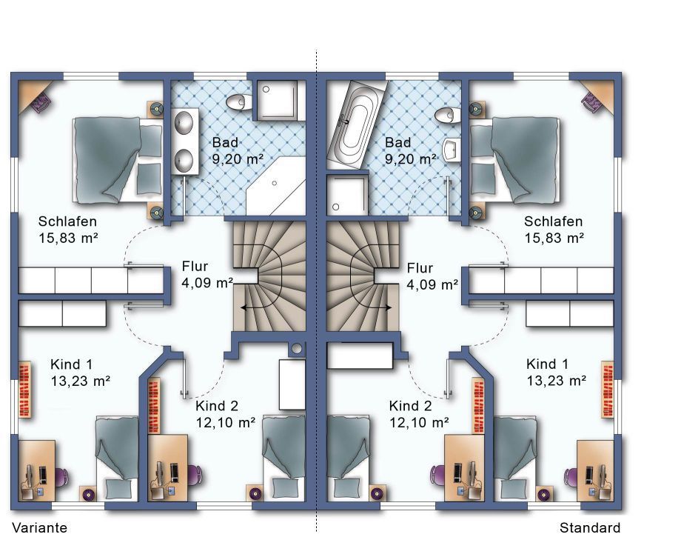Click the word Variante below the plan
(x=39, y=527)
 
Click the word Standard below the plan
(x=590, y=527)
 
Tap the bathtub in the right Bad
(x=357, y=124)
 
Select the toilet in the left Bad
(x=236, y=102)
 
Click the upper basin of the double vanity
(x=184, y=122)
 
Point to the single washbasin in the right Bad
(x=452, y=150)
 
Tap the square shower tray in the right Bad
(x=346, y=194)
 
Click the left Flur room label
(x=195, y=266)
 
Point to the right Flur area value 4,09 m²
(x=432, y=284)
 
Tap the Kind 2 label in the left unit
(x=217, y=406)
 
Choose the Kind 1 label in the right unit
(x=547, y=364)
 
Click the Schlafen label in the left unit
(x=67, y=221)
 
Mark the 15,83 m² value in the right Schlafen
(x=554, y=238)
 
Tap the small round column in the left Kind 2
(x=297, y=348)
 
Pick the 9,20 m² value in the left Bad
(x=238, y=159)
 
